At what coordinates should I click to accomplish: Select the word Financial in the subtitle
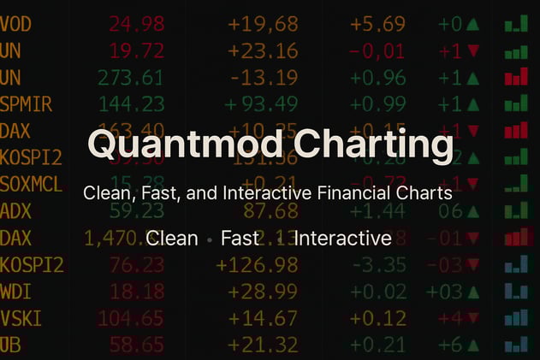361,194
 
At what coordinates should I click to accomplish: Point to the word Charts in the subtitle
428,194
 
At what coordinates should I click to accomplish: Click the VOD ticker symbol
17,24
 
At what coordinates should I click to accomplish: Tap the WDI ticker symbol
17,292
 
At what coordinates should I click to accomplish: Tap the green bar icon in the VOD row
516,24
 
